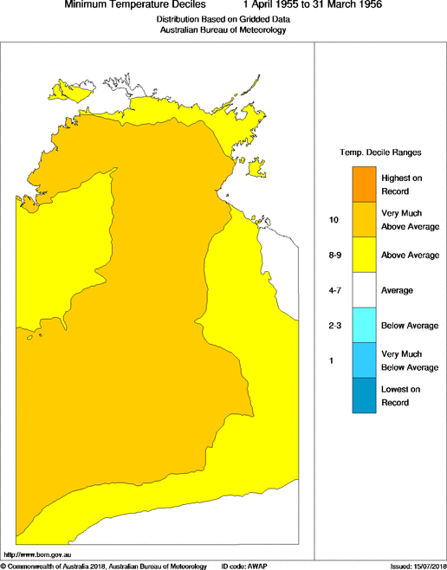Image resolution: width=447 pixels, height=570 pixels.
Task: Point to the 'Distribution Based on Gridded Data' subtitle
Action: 223,18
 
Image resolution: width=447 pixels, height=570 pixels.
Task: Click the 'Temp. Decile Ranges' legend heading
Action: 380,152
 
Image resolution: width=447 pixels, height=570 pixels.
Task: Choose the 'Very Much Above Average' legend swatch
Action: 364,220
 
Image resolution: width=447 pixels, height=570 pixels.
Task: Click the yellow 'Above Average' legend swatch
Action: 364,256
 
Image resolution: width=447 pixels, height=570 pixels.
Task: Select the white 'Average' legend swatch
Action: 364,290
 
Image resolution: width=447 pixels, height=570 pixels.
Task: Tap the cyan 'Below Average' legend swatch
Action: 364,325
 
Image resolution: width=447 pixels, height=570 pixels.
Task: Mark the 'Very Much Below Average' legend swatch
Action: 364,360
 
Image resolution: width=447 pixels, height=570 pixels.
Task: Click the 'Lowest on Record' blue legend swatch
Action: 364,395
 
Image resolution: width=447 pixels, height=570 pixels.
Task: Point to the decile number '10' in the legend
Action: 333,221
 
